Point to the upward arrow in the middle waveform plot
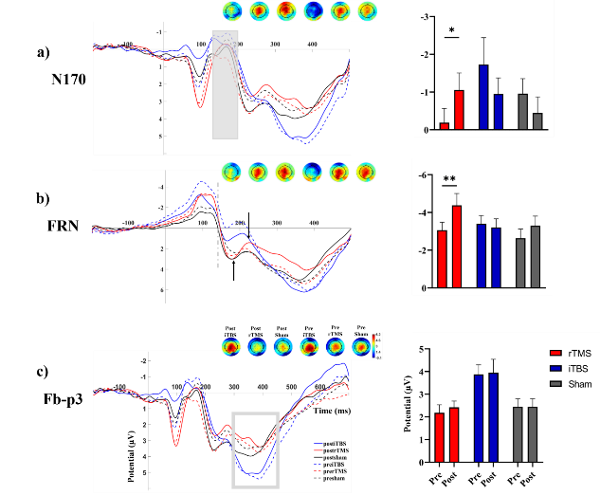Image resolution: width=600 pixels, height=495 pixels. (234, 269)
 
